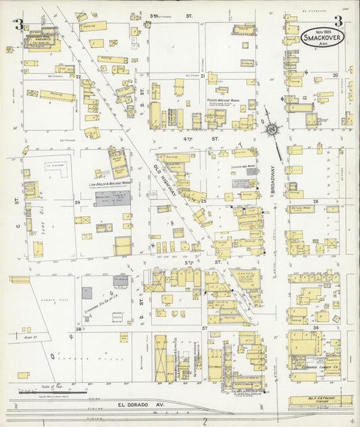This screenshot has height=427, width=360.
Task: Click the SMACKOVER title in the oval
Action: pyautogui.click(x=319, y=40)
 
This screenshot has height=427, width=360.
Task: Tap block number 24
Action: pyautogui.click(x=78, y=202)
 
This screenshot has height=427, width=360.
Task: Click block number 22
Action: pyautogui.click(x=78, y=76)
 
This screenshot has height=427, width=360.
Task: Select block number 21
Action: pyautogui.click(x=203, y=76)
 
